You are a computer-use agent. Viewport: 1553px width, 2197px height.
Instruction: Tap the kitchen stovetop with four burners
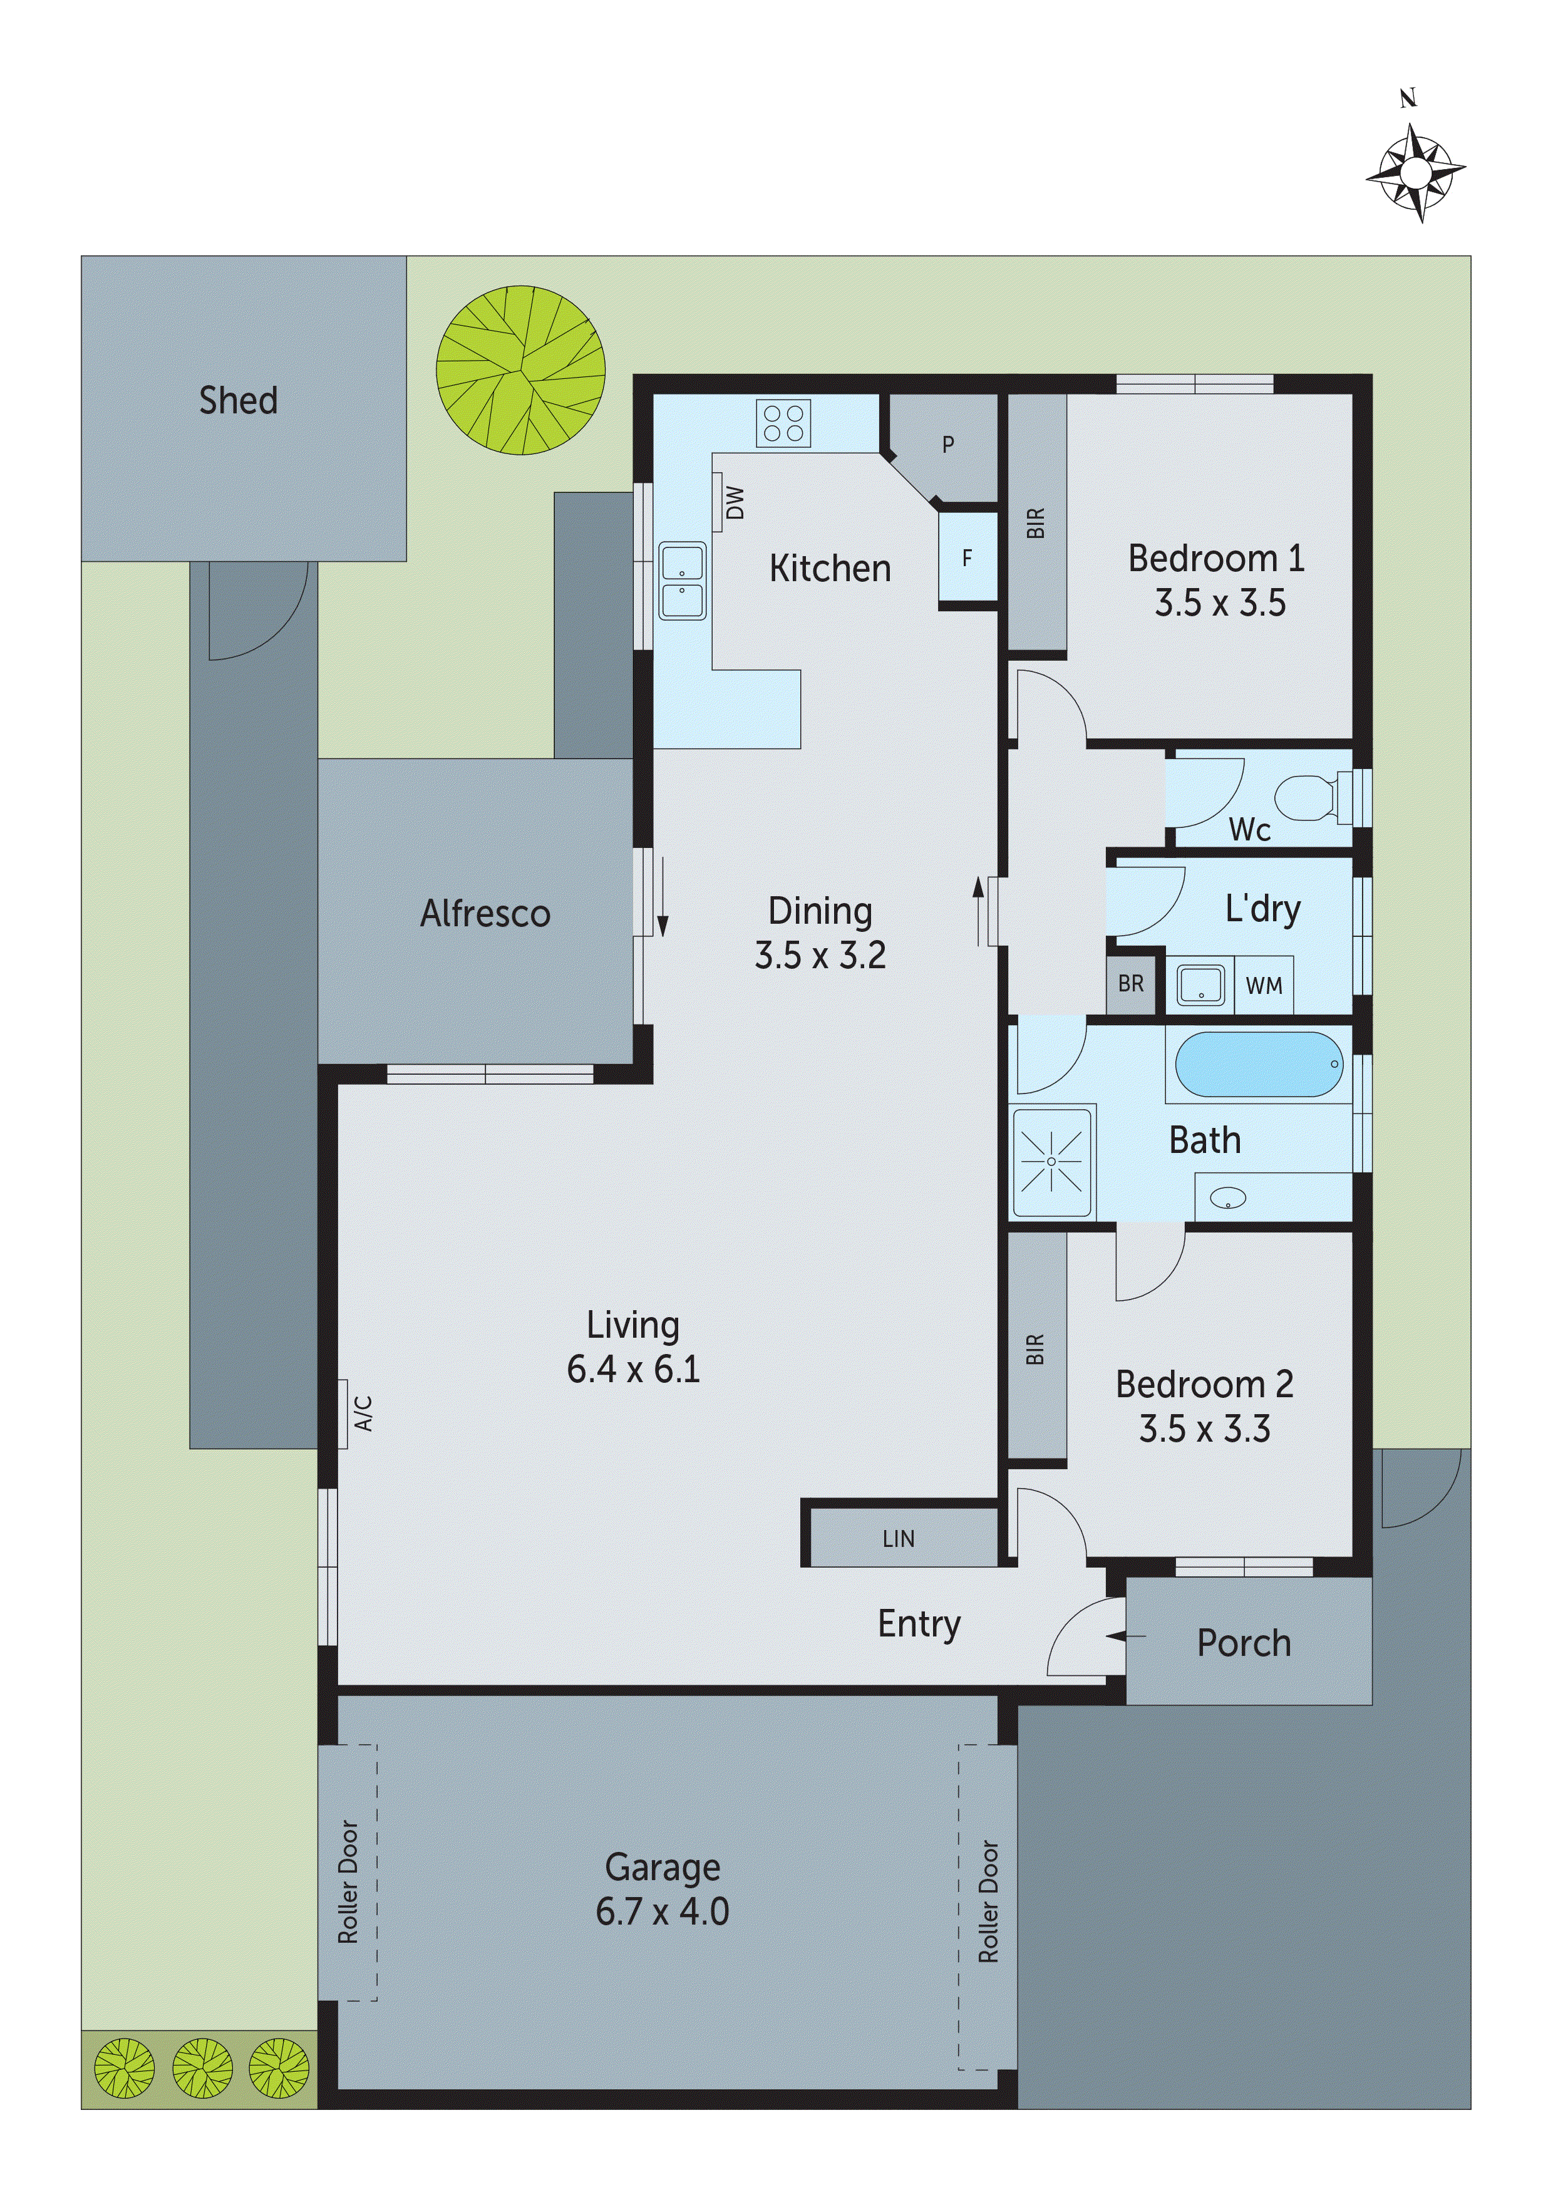(783, 423)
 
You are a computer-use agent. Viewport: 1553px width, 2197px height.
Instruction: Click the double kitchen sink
(682, 581)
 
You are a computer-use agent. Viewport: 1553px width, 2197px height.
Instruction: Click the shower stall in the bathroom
(1051, 1162)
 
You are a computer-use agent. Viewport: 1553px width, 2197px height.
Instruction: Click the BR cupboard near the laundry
(1131, 984)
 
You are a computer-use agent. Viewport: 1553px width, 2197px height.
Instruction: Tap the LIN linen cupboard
(899, 1539)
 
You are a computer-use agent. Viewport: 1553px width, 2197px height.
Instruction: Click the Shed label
(238, 400)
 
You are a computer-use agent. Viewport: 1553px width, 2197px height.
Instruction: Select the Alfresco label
(485, 913)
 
